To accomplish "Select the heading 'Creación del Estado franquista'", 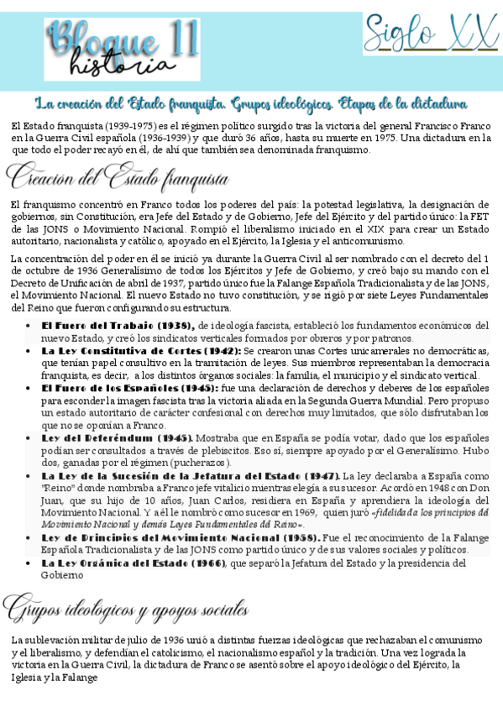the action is click(x=118, y=176).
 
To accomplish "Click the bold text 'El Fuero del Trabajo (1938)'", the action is click(x=118, y=325).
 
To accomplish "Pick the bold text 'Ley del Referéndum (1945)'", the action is click(x=117, y=437).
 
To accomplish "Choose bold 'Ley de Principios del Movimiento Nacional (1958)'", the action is click(x=179, y=537).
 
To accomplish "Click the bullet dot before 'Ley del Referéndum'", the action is click(x=30, y=437).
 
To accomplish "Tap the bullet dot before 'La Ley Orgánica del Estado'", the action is click(x=30, y=563).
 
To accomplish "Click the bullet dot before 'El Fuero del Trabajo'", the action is click(x=30, y=325).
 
